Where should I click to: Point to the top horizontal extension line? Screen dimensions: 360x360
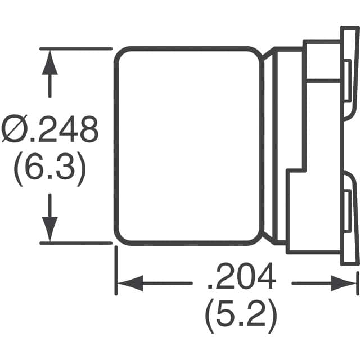[x=76, y=48]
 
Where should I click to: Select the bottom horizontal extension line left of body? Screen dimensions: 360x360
[x=76, y=242]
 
